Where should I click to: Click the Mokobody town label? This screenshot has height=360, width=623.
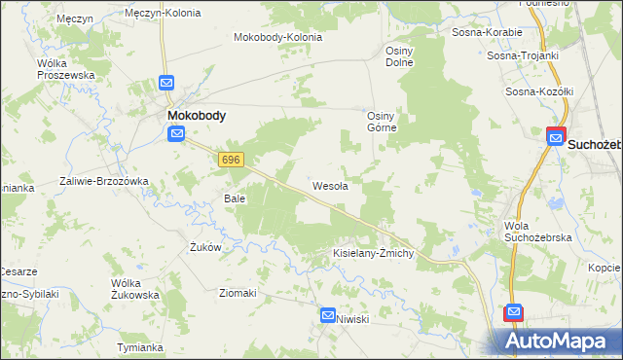pyautogui.click(x=197, y=115)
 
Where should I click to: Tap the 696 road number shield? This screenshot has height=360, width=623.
pyautogui.click(x=231, y=159)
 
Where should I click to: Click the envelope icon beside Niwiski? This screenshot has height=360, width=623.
pyautogui.click(x=328, y=316)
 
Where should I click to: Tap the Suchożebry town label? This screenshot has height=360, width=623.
pyautogui.click(x=595, y=144)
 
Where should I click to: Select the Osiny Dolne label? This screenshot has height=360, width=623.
pyautogui.click(x=399, y=56)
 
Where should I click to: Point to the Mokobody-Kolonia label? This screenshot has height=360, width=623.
pyautogui.click(x=277, y=38)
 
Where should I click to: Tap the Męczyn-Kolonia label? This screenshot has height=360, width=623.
pyautogui.click(x=164, y=14)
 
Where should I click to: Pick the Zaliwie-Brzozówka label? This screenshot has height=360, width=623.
pyautogui.click(x=103, y=181)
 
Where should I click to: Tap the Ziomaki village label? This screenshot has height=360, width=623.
pyautogui.click(x=238, y=293)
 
